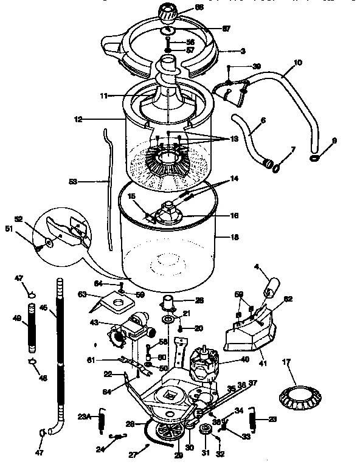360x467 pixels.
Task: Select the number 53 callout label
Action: point(91,181)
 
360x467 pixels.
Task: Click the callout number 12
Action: point(78,119)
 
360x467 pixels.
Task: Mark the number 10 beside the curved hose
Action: point(297,62)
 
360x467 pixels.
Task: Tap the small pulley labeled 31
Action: point(205,432)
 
